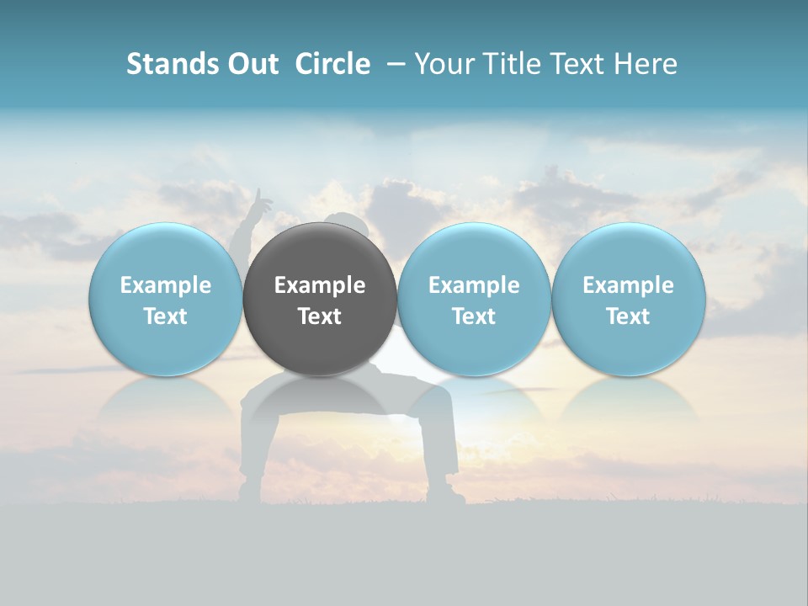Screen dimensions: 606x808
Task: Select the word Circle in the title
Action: [x=332, y=64]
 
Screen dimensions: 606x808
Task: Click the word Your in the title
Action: [x=444, y=64]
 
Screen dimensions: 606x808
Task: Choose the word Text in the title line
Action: [x=581, y=64]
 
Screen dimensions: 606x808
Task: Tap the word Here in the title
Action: [x=646, y=64]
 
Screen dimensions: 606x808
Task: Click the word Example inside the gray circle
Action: [x=320, y=285]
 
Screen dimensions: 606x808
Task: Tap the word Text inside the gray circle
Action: [x=320, y=316]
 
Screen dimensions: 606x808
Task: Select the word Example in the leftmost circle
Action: [x=165, y=285]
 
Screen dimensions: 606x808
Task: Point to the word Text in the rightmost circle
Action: [x=628, y=316]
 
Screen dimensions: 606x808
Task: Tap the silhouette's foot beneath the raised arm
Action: [x=251, y=489]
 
